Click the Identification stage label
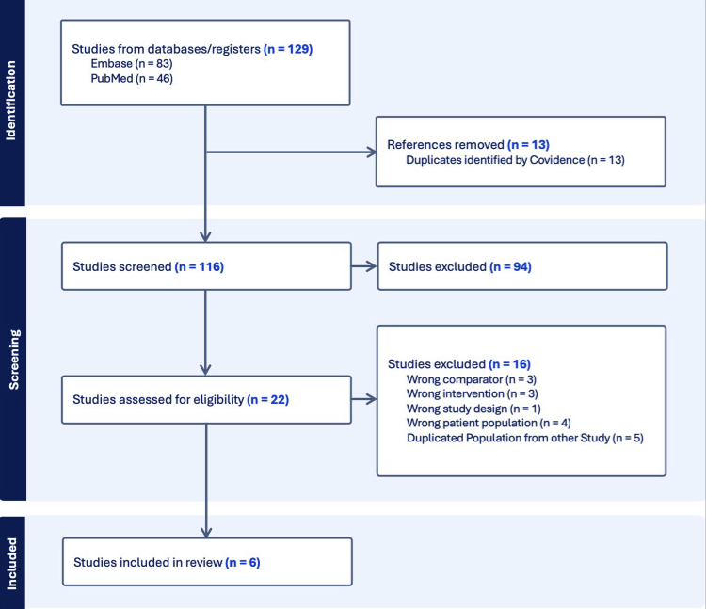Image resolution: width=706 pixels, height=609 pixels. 12,101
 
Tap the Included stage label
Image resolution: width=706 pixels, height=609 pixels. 12,563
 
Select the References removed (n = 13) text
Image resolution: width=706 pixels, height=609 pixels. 468,145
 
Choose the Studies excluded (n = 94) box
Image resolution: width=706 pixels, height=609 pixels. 521,266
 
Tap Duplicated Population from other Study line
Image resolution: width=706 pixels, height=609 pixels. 524,439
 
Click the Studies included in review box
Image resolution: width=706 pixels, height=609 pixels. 207,562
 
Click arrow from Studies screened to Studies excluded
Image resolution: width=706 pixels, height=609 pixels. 363,266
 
